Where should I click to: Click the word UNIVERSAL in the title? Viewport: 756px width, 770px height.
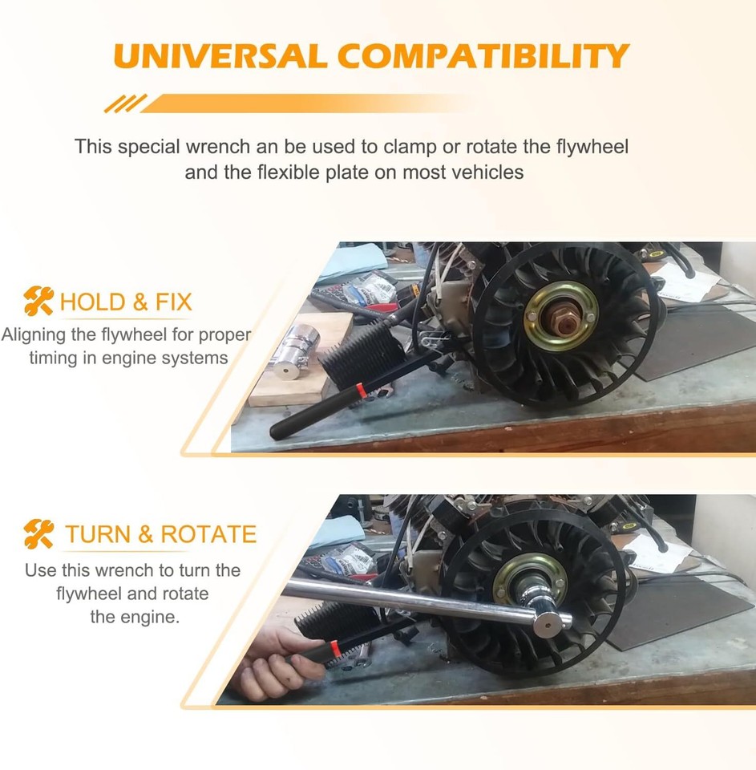[220, 57]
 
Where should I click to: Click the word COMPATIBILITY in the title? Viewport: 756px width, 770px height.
[483, 57]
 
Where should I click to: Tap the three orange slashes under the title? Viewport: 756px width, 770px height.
[126, 103]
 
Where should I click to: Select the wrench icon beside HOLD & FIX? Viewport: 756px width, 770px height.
[38, 302]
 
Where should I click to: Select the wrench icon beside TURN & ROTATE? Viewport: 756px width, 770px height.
[38, 533]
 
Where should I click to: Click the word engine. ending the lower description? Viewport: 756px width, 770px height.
[158, 618]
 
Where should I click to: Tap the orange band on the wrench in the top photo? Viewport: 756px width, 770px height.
[361, 390]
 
